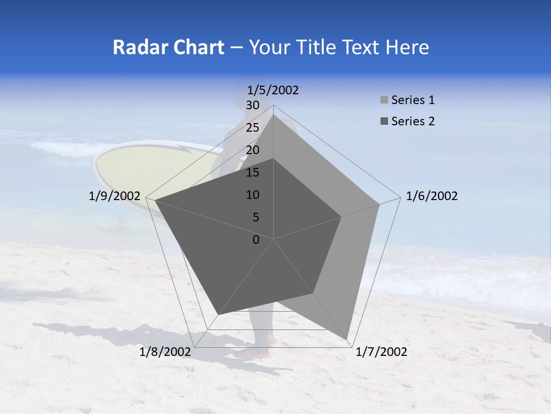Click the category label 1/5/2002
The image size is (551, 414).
273,90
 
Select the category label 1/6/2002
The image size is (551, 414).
432,196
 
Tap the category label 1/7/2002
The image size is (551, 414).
381,352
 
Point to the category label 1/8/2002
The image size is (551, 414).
165,352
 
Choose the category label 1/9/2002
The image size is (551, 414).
115,196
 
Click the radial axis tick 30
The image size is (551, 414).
253,105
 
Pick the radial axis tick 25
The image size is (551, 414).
253,128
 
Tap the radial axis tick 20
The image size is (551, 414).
253,150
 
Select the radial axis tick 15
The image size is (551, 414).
253,172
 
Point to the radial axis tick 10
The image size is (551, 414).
253,195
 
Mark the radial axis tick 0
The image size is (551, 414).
256,240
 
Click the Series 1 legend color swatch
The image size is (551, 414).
384,101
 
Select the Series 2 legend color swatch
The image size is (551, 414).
384,121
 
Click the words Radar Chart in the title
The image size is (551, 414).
168,47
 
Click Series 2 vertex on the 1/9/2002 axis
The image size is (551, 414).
155,201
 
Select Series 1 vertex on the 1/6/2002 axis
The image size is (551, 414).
379,204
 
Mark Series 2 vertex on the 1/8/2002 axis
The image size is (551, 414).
218,315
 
